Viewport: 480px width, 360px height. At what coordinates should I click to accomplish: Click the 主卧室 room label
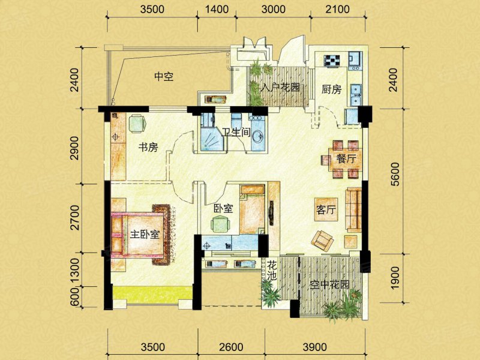[x=145, y=235]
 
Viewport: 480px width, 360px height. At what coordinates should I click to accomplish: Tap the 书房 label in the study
[x=148, y=147]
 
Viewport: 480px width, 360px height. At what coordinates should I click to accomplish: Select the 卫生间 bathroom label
[x=236, y=132]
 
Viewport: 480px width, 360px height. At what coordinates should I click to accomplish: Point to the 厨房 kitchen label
[x=332, y=89]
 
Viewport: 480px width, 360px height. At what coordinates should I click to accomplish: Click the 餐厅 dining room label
[x=346, y=159]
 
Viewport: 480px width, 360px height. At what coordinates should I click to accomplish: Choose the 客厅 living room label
[x=326, y=209]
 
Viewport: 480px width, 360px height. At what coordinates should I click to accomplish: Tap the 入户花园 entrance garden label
[x=280, y=88]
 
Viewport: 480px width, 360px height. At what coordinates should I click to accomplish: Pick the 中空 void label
[x=164, y=76]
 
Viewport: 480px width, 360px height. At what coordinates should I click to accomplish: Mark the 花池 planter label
[x=272, y=271]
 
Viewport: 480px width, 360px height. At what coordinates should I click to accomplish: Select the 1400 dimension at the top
[x=217, y=9]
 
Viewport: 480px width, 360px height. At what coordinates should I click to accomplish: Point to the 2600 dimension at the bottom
[x=232, y=347]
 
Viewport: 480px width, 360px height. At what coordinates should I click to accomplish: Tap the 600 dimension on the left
[x=74, y=297]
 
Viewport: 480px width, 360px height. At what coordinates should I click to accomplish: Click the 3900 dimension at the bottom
[x=314, y=347]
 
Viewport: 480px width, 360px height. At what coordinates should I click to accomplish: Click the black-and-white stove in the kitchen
[x=331, y=61]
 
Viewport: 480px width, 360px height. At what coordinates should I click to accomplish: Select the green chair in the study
[x=137, y=124]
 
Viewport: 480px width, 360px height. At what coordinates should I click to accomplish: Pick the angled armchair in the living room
[x=322, y=240]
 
